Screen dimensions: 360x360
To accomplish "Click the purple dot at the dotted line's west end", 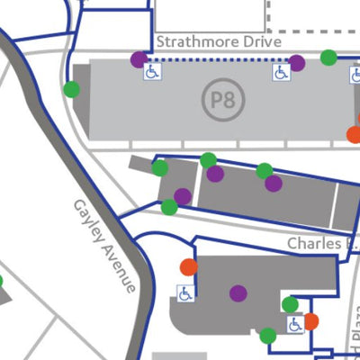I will pyautogui.click(x=139, y=59).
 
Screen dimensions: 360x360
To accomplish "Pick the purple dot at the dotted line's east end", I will pyautogui.click(x=296, y=63).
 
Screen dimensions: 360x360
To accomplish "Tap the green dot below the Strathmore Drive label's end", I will pyautogui.click(x=328, y=58).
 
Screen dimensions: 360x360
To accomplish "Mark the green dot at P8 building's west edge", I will pyautogui.click(x=71, y=89).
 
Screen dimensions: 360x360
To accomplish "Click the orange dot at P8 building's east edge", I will pyautogui.click(x=354, y=135).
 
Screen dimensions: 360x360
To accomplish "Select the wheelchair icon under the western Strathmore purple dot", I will pyautogui.click(x=150, y=73).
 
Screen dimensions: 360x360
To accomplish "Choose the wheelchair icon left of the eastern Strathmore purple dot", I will pyautogui.click(x=281, y=73).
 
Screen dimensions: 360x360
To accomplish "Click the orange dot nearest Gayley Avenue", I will pyautogui.click(x=188, y=266).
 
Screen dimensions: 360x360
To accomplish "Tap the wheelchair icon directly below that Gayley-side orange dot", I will pyautogui.click(x=184, y=293).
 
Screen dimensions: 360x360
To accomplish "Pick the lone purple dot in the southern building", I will pyautogui.click(x=238, y=292).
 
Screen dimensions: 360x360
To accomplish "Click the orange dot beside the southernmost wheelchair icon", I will pyautogui.click(x=311, y=321).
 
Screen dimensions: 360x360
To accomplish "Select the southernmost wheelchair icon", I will pyautogui.click(x=295, y=325).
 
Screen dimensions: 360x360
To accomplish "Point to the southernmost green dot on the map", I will pyautogui.click(x=267, y=336).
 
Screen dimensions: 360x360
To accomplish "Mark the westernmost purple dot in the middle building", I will pyautogui.click(x=183, y=196).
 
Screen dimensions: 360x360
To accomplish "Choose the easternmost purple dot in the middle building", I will pyautogui.click(x=273, y=184).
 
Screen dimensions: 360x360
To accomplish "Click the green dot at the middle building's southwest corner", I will pyautogui.click(x=169, y=207).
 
